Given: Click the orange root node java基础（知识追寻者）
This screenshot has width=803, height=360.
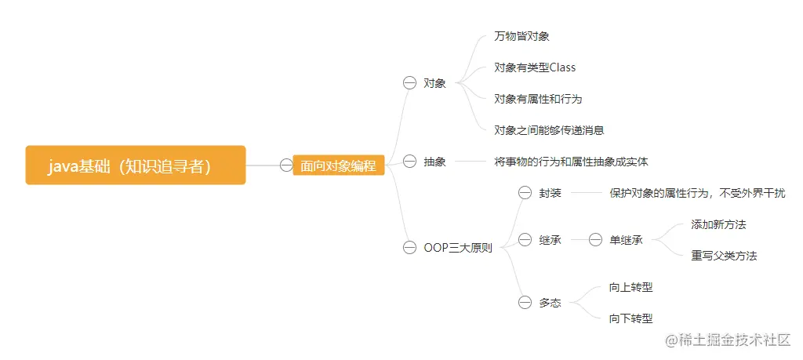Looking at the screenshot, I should (136, 165).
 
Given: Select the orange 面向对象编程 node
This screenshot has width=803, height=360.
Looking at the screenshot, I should (338, 165).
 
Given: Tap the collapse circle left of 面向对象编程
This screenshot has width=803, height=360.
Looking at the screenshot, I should (286, 165).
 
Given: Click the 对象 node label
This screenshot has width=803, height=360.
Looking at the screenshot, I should (434, 83).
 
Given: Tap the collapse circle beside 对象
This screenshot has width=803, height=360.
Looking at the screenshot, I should (409, 83).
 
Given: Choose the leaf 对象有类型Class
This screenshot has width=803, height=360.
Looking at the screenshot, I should (535, 67).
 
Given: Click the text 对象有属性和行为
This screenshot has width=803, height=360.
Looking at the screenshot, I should (538, 99).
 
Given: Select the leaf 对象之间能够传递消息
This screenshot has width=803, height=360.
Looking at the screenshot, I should (549, 130).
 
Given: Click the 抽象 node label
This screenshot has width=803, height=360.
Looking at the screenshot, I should (434, 162).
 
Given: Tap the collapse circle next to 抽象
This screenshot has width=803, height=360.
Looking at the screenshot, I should (409, 162).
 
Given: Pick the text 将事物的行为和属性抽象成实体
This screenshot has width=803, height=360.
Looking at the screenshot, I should (571, 162).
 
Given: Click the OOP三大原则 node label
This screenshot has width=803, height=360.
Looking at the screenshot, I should (458, 248).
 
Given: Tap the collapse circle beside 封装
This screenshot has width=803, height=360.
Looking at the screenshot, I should (525, 193).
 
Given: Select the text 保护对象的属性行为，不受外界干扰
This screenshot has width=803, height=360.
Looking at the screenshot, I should (697, 193).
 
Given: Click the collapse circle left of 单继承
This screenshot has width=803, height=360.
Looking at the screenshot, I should (595, 240).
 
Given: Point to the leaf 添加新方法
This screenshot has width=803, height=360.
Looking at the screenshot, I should (718, 224).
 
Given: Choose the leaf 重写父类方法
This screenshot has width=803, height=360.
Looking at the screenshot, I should (724, 256).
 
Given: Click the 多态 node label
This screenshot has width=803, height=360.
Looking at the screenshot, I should (550, 303).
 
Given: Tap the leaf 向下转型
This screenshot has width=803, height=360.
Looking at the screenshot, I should (630, 318).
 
